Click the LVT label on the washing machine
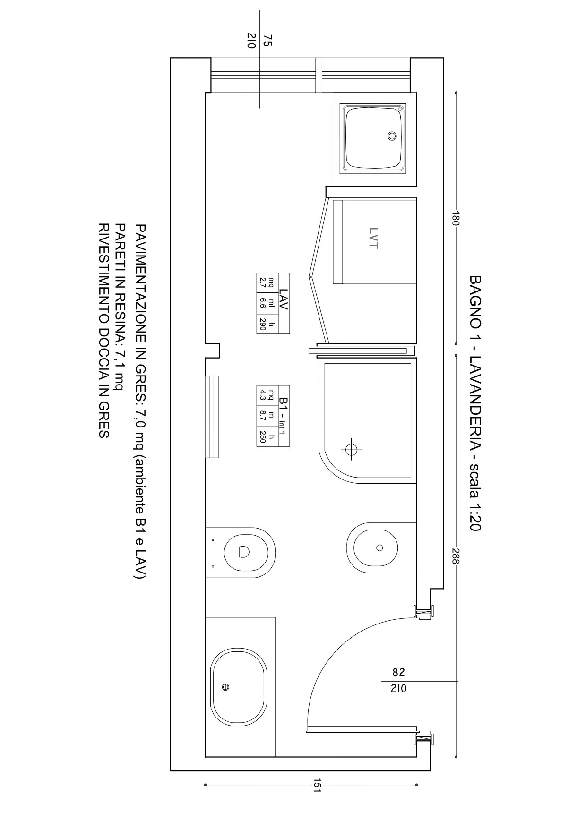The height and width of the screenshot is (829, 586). coord(373,238)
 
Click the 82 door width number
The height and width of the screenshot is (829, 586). coord(398,672)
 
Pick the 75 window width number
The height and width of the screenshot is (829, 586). coord(267,40)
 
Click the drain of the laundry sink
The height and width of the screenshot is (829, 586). coord(392,136)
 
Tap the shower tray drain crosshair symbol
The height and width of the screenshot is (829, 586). coord(351,449)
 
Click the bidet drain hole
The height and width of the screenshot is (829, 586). coord(379,548)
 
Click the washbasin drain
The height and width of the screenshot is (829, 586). coord(226,687)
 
